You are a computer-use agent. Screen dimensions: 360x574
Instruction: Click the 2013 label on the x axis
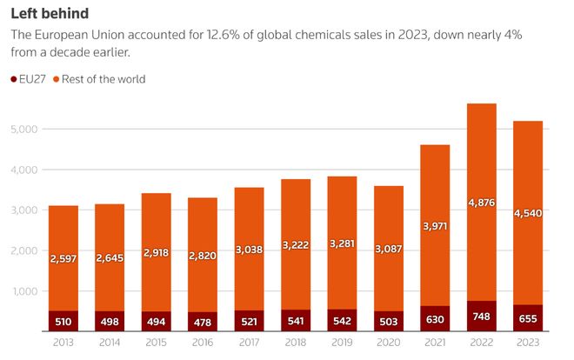tap(63, 343)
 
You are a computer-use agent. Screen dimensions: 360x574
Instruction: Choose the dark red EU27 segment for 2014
tap(109, 322)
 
